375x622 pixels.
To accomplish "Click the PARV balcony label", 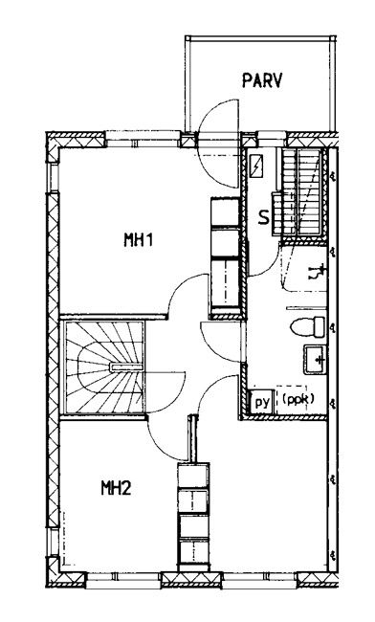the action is coord(262,80).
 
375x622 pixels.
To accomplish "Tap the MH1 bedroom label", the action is coord(139,239).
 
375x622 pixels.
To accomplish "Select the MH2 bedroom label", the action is coord(116,487).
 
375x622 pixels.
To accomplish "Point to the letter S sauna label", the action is coord(264,217).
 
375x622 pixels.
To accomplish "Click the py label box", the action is coord(261,403).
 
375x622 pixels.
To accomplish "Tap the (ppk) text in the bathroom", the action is coord(298,399).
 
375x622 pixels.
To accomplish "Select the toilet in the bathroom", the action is coord(308,327).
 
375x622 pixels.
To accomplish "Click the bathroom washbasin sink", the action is coord(315,360).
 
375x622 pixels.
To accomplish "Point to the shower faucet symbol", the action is coord(318,272).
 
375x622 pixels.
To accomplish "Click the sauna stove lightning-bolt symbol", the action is coord(257,166).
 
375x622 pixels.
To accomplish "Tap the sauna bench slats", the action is coord(301,193).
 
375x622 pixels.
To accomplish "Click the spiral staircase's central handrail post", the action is coord(126,367).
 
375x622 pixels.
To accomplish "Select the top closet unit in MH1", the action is coord(225,212).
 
